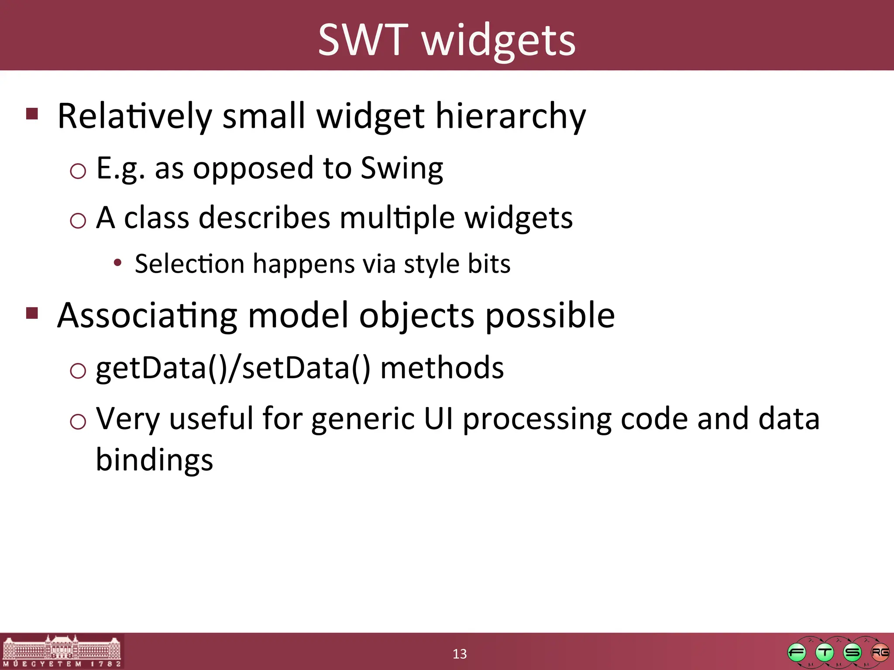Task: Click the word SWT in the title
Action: tap(363, 40)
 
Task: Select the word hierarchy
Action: tap(510, 116)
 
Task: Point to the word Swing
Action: tap(402, 169)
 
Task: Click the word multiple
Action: tap(397, 218)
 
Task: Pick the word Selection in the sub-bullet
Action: tap(189, 264)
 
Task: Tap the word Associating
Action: tap(147, 316)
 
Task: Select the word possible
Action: tap(550, 316)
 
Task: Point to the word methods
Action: tap(442, 368)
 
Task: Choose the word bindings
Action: tap(155, 460)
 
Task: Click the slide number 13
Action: tap(459, 654)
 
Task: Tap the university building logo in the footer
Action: tap(62, 651)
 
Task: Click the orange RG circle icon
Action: tap(880, 653)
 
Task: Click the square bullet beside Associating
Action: tap(32, 313)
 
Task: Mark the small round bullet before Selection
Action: tap(117, 263)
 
